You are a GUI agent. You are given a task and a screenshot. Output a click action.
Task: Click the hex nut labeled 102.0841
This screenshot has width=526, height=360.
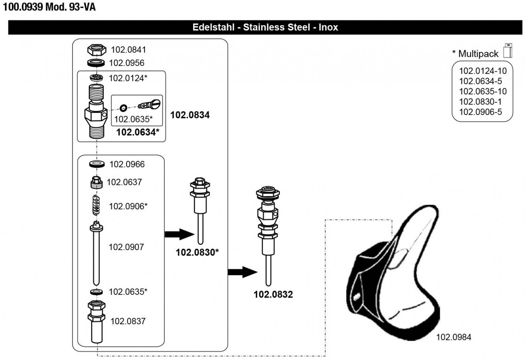click(x=97, y=50)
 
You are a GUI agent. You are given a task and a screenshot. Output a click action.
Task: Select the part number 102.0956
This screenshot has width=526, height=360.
click(x=127, y=63)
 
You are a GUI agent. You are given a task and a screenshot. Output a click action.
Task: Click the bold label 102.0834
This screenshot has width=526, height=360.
click(x=190, y=115)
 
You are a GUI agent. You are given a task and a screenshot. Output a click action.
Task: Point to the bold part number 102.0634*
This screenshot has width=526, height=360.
click(x=137, y=132)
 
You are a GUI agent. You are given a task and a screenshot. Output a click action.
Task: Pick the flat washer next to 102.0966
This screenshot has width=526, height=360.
click(x=97, y=164)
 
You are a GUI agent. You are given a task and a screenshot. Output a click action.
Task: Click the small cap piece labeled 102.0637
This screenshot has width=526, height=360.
click(x=96, y=182)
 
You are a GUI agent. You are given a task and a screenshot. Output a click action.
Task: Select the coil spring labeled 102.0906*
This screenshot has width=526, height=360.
click(x=96, y=205)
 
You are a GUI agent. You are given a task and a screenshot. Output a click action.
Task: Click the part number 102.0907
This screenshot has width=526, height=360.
click(x=126, y=247)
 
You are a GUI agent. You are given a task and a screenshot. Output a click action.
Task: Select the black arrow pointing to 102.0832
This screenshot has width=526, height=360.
click(x=242, y=272)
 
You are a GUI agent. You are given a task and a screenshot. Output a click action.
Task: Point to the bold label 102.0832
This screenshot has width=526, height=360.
click(x=273, y=295)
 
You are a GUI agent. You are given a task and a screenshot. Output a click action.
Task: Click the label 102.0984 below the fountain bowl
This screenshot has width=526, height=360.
click(x=454, y=337)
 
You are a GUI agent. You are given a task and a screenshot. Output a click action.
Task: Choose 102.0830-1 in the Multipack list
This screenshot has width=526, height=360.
click(x=480, y=102)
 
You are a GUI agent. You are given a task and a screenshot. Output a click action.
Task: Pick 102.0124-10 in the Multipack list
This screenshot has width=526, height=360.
click(x=483, y=71)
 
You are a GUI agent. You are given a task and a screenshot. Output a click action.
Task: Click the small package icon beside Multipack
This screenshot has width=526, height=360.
click(x=508, y=51)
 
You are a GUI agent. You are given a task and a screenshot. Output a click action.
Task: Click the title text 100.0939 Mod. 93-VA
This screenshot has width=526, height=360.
click(x=49, y=7)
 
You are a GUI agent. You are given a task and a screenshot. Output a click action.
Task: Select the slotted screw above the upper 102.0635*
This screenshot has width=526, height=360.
click(x=150, y=104)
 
